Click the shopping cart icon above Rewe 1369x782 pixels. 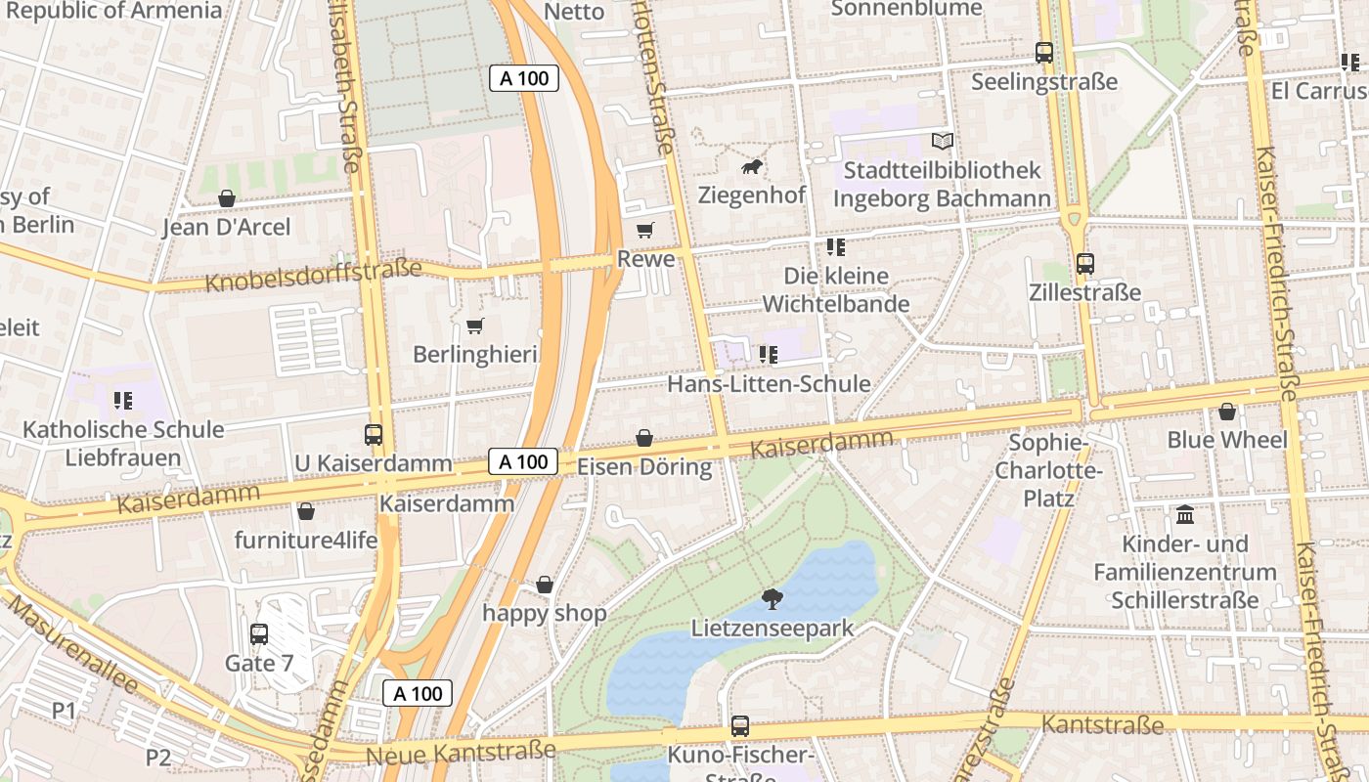tap(644, 231)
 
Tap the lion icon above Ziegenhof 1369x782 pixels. tap(752, 168)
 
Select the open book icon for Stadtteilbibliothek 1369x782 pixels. tap(942, 142)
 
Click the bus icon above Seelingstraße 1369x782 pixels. tap(1043, 53)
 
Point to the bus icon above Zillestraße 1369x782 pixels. tap(1084, 264)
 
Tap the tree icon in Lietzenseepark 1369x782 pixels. tap(772, 599)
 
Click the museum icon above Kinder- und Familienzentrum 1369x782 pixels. tap(1185, 514)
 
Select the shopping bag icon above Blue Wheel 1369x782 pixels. tap(1226, 412)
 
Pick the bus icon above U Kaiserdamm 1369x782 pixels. tap(374, 435)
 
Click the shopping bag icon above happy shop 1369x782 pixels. tap(545, 585)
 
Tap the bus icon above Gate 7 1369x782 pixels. tap(259, 634)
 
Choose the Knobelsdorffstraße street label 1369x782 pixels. tap(313, 276)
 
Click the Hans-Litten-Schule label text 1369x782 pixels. tap(769, 384)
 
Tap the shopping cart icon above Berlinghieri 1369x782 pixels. tap(475, 326)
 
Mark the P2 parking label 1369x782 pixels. tap(158, 758)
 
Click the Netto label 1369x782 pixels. tap(574, 12)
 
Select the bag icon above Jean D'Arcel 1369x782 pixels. tap(227, 199)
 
